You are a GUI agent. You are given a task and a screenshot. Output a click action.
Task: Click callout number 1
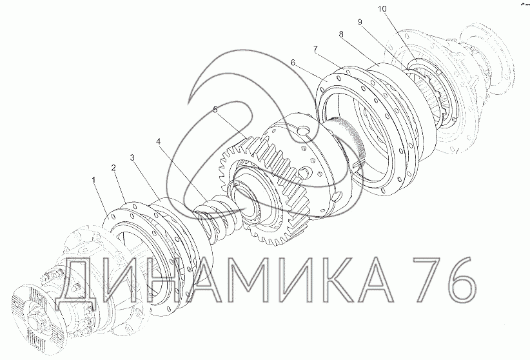[94, 181]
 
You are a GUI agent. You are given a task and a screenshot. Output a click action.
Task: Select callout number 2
[113, 168]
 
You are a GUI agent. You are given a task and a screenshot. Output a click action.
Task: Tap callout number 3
[133, 157]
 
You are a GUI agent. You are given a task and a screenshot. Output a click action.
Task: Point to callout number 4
[158, 141]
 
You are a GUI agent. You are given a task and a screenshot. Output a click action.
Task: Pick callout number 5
[215, 110]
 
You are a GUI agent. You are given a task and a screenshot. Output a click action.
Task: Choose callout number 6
[293, 63]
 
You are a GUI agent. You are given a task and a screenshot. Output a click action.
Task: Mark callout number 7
[316, 50]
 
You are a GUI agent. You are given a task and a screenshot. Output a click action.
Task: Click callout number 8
[340, 34]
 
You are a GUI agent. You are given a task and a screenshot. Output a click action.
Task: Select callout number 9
[360, 22]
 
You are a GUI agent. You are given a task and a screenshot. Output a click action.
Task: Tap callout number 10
[382, 9]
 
